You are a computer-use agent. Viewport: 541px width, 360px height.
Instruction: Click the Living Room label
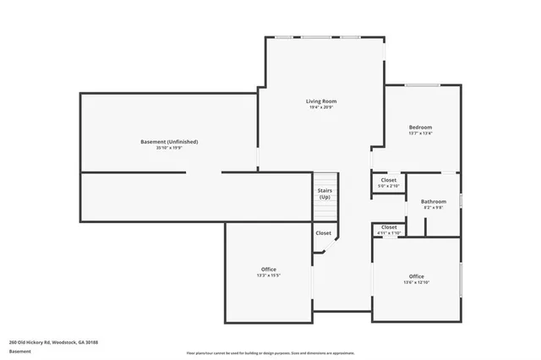tap(321, 101)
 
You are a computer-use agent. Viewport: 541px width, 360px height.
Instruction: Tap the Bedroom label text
tap(420, 127)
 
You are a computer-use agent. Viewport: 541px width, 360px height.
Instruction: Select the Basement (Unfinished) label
tap(169, 141)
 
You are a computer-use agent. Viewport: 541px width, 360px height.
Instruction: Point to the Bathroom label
tap(434, 201)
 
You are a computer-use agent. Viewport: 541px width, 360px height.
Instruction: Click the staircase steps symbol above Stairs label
tap(325, 179)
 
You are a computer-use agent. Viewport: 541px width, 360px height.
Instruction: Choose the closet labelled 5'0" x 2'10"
tap(388, 183)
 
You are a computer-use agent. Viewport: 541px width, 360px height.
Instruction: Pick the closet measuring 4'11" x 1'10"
tap(389, 230)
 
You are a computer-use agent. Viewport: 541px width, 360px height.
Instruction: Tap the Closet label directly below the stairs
tap(324, 233)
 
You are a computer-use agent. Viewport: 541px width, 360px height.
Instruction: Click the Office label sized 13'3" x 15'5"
tap(268, 270)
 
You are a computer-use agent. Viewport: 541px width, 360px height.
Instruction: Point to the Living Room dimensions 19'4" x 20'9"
tap(321, 108)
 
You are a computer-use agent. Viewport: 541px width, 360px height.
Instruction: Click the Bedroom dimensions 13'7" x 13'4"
tap(420, 134)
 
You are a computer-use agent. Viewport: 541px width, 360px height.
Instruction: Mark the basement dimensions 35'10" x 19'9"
tap(169, 148)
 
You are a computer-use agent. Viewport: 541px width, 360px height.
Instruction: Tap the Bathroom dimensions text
tap(434, 207)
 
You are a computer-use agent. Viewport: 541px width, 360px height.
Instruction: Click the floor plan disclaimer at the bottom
tap(270, 352)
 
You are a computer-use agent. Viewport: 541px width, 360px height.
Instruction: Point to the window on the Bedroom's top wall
tap(423, 85)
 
